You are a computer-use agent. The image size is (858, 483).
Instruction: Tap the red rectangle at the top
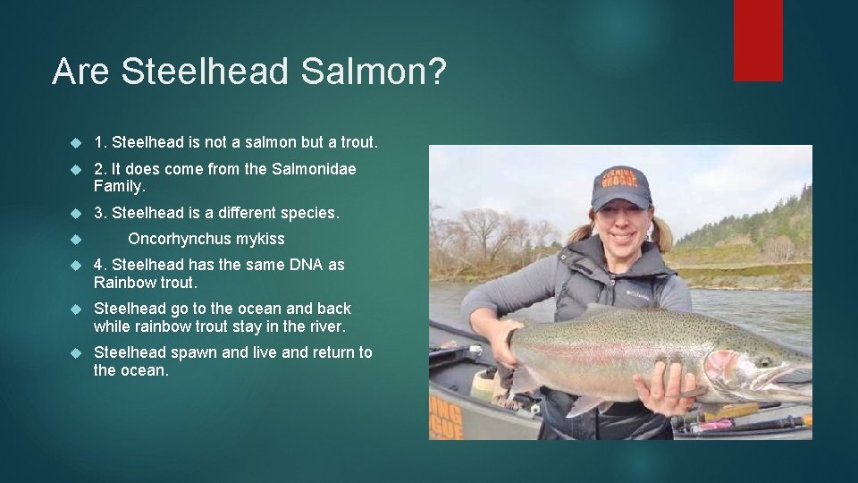point(758,40)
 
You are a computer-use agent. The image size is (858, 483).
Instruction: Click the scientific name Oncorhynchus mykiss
point(206,239)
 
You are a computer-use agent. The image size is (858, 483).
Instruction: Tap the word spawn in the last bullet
point(195,352)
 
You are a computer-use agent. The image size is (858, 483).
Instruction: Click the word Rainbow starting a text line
point(123,283)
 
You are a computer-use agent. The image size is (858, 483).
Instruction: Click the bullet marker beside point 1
point(75,144)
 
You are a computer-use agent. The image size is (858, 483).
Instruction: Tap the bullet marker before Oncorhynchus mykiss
point(75,240)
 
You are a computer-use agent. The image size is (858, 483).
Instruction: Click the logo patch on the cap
point(622,177)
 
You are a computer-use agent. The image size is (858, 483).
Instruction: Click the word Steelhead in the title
point(206,72)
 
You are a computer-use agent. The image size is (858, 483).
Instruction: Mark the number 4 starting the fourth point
point(99,265)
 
